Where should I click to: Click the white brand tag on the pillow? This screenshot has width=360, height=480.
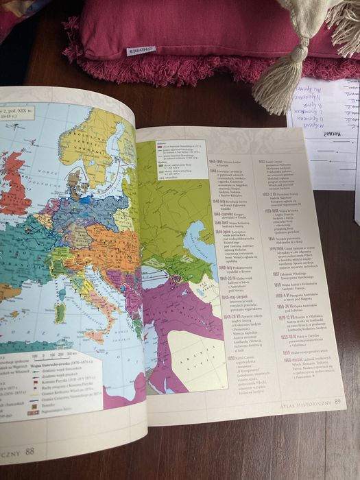pos(140,50)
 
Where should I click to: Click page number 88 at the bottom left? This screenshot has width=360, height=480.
pos(29,451)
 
